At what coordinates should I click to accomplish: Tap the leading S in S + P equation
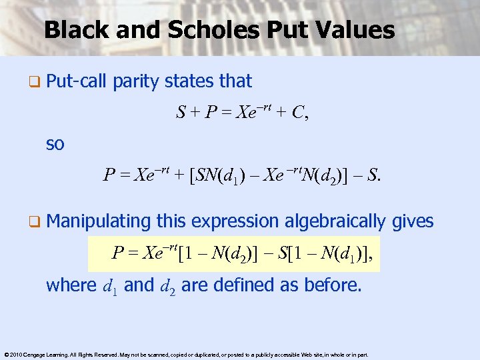tap(181, 113)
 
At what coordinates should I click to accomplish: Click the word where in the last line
tap(71, 285)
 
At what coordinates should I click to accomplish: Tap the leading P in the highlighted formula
tap(117, 253)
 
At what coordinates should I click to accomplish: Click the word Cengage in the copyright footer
tap(34, 354)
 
